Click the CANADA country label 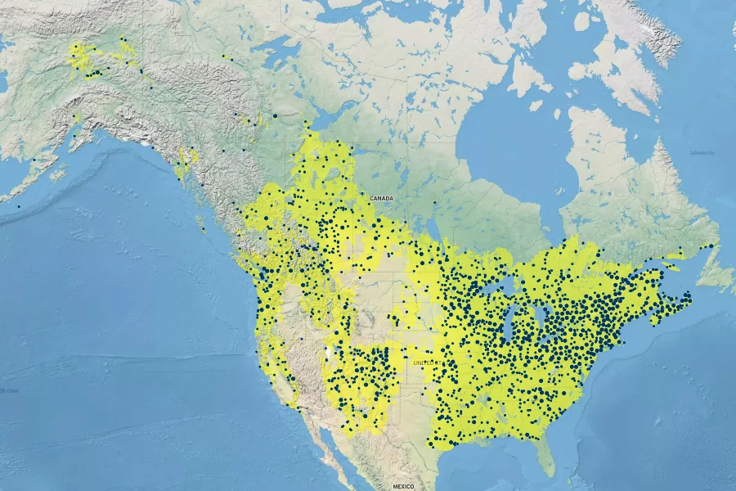[381, 199]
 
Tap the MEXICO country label [403, 486]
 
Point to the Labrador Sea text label [702, 153]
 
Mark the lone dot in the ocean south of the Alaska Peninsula [19, 206]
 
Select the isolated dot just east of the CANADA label [435, 203]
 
